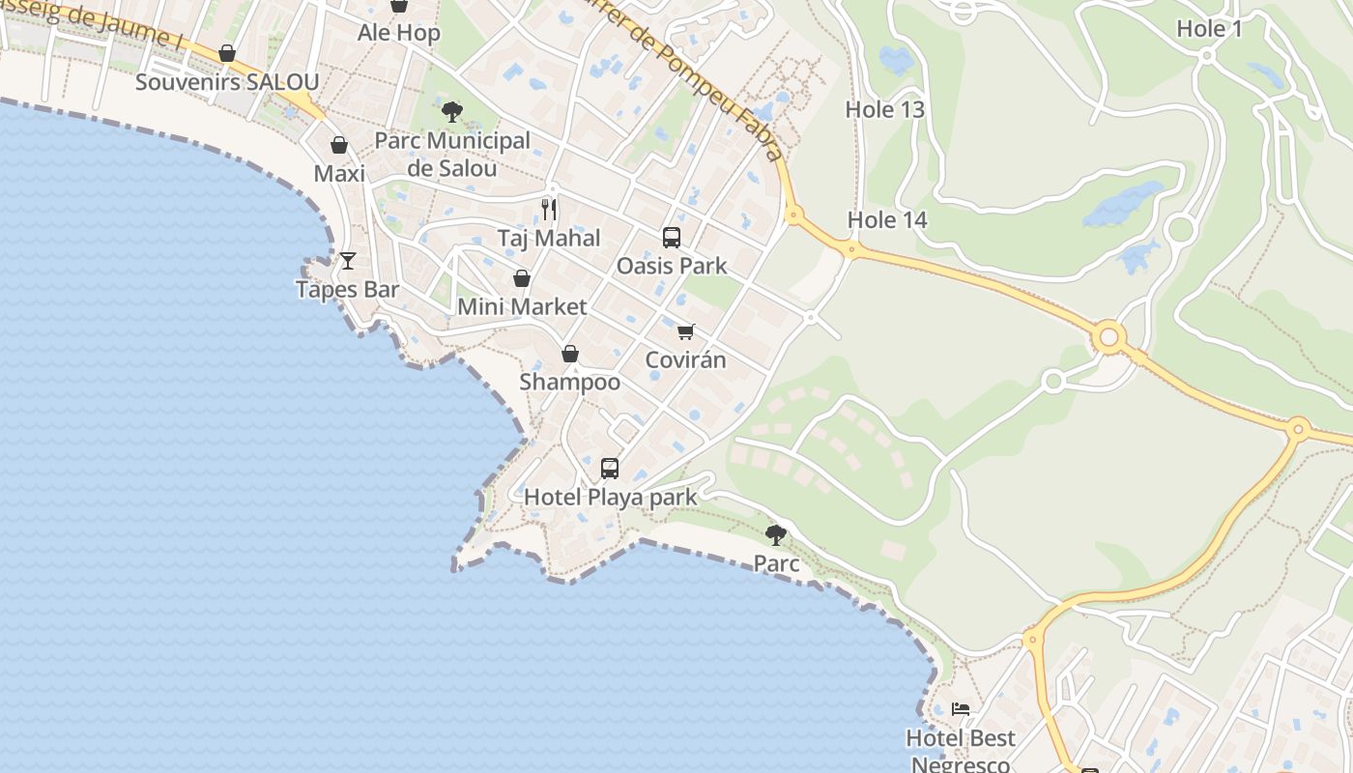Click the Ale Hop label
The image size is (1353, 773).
tap(398, 33)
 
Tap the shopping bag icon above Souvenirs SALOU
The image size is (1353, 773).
tap(227, 53)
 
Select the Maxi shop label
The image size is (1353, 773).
tap(339, 174)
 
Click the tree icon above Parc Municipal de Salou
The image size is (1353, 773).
tap(451, 112)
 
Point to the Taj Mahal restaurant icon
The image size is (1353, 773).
tap(549, 209)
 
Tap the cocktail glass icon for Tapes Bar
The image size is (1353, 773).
tap(348, 260)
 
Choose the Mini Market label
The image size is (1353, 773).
tap(522, 307)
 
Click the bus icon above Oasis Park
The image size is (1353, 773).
tap(671, 237)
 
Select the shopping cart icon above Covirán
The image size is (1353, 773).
tap(685, 332)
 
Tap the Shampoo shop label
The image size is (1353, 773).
tap(570, 382)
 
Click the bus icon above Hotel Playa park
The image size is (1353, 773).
tap(610, 469)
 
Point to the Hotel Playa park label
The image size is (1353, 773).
tap(610, 498)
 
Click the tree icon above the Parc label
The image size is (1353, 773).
tap(775, 534)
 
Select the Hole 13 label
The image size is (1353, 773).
tap(885, 110)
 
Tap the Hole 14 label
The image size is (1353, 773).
tap(887, 220)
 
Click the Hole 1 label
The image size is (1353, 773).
tap(1209, 29)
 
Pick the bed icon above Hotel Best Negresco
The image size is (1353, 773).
tap(961, 709)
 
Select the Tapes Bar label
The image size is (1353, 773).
tap(347, 290)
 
